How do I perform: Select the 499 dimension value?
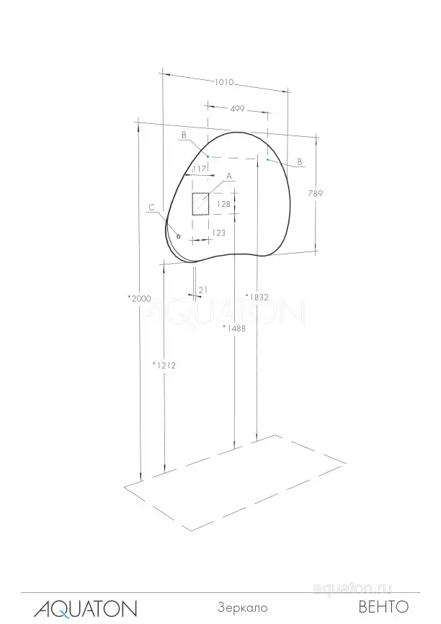[x=237, y=109]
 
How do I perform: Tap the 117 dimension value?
[x=200, y=169]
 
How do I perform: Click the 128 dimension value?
[x=223, y=204]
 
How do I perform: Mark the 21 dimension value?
[x=202, y=290]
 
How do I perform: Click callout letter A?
[x=229, y=176]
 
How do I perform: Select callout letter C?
[x=151, y=208]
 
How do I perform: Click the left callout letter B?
[x=184, y=135]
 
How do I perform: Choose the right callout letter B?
[x=299, y=163]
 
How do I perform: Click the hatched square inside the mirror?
[x=200, y=204]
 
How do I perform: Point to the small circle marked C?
[x=178, y=236]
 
